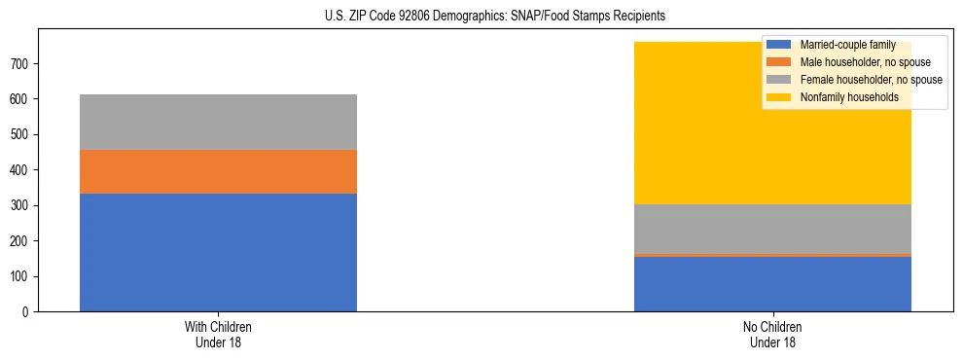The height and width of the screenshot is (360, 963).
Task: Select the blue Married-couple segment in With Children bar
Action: (218, 252)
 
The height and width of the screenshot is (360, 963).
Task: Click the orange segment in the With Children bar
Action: (218, 171)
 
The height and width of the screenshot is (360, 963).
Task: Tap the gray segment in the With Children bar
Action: (218, 122)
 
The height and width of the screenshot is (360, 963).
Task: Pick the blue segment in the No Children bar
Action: (772, 284)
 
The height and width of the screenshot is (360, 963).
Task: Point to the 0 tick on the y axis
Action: (28, 312)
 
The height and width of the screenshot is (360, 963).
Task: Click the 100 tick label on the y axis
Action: (22, 276)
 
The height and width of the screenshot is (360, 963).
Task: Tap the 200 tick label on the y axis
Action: (22, 241)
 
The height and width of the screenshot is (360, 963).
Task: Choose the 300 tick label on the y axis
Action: (22, 205)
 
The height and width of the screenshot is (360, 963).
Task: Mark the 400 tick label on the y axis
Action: (22, 170)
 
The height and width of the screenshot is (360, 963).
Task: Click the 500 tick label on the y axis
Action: (22, 134)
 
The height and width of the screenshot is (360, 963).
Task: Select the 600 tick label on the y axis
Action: (22, 99)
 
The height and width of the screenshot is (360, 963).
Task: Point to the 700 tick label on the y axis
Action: (22, 63)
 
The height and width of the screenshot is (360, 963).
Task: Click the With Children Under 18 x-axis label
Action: (218, 334)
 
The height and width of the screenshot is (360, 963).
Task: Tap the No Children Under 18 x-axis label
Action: (772, 334)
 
